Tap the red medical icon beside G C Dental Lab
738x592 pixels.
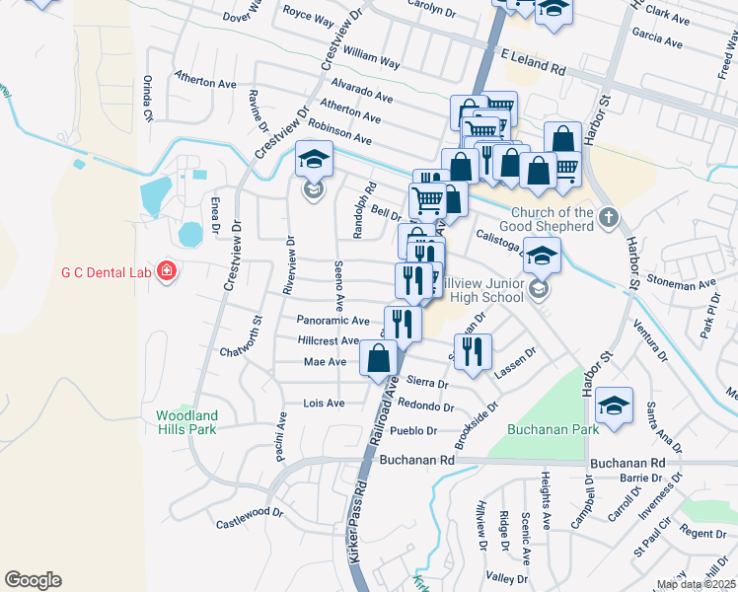166,270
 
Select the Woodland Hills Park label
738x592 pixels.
186,422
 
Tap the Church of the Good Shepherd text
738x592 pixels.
553,219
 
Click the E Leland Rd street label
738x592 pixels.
533,64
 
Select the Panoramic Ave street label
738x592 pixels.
332,321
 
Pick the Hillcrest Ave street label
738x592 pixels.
329,340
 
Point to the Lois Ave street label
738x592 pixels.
324,404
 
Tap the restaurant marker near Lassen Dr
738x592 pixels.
475,352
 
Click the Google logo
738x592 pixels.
33,580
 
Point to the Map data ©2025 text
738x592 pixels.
695,584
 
